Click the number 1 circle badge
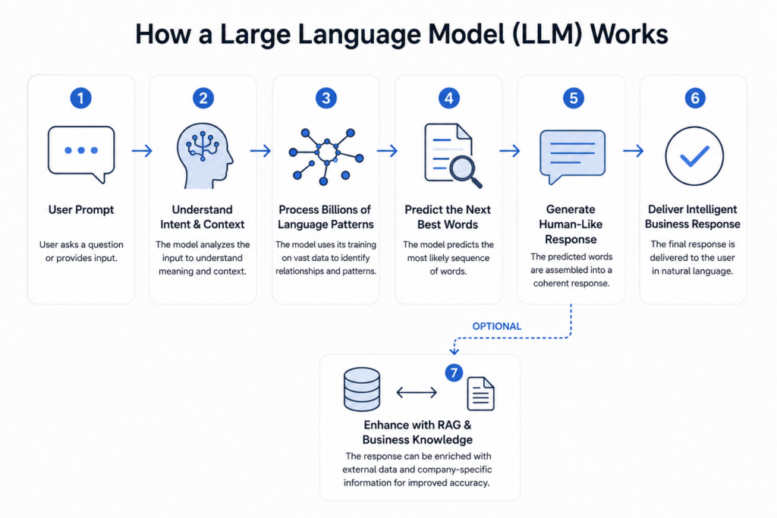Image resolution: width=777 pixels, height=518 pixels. tap(80, 98)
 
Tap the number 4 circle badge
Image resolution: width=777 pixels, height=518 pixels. tap(449, 98)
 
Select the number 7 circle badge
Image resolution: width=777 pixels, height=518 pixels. tap(454, 372)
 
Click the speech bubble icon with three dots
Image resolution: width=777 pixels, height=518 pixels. tap(81, 154)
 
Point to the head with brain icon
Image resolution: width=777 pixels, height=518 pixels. tap(204, 155)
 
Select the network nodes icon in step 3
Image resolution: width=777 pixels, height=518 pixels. tap(326, 156)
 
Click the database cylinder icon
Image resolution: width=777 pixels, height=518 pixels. tap(362, 389)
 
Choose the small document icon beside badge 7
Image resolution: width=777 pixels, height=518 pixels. tap(480, 394)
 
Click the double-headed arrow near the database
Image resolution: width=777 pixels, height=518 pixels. tap(417, 393)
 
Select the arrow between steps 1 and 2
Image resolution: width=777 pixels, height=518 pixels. tap(142, 151)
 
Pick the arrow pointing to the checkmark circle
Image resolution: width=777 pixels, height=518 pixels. tap(634, 151)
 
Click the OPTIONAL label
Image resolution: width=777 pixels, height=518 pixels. tap(496, 326)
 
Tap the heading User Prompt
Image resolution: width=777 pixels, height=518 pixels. tap(81, 209)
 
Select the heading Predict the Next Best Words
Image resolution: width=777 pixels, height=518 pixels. tap(448, 217)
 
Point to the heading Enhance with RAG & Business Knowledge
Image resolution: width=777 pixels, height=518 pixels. tap(417, 432)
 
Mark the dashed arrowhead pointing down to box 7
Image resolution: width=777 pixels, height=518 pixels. tap(454, 350)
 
